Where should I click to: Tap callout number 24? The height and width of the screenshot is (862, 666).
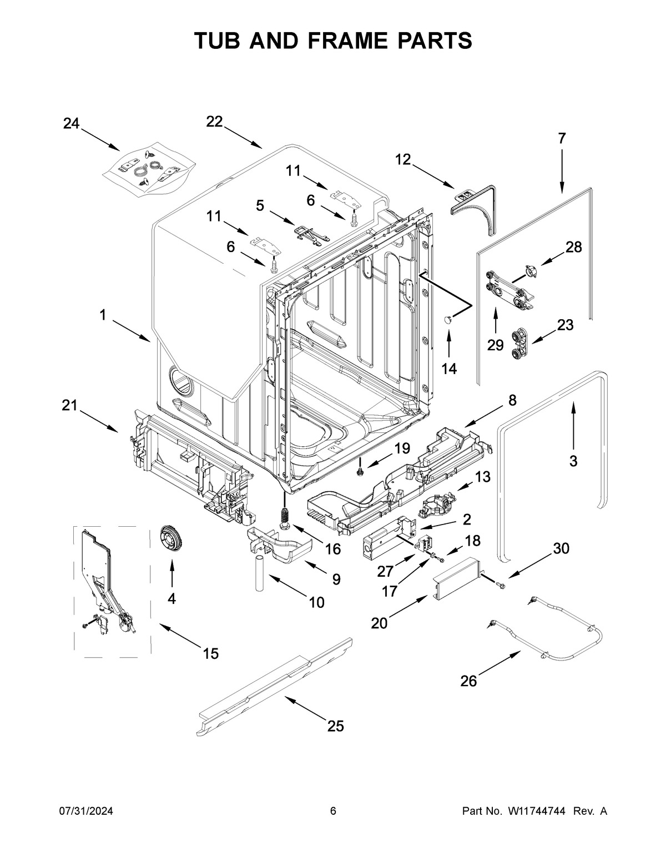pos(70,124)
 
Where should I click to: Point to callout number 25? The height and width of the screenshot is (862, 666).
pos(336,725)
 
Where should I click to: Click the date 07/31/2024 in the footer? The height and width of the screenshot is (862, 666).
pos(86,811)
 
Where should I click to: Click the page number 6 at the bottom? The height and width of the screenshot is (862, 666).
pos(333,811)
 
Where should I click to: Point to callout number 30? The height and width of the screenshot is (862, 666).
pos(561,548)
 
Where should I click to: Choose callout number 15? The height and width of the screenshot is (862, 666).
pos(210,653)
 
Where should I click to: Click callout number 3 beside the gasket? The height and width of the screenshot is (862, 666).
pos(573,460)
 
